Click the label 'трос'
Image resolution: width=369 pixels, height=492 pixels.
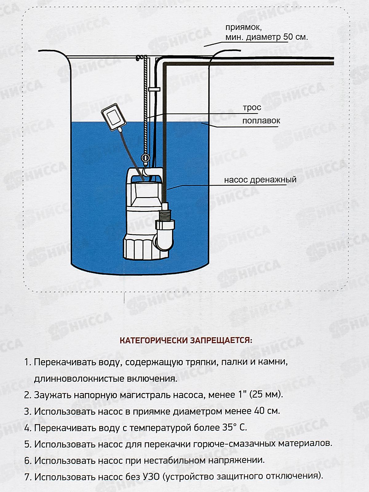pos(252,108)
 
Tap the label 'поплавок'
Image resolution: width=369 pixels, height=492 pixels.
pos(261,121)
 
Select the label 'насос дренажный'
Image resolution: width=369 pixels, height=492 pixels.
pos(260,180)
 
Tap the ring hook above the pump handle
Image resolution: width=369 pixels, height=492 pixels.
pos(145,158)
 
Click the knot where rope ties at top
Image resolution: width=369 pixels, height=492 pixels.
pos(140,57)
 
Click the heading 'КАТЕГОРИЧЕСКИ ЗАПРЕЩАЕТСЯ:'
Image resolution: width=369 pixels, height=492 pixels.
pos(185,341)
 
